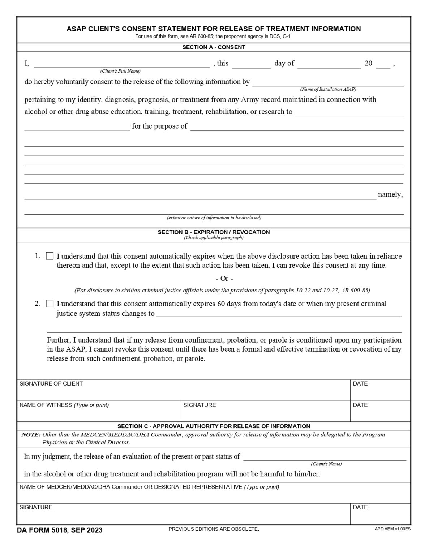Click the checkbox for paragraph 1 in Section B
[x=50, y=256]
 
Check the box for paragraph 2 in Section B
[x=50, y=304]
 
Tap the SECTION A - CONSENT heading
[x=214, y=47]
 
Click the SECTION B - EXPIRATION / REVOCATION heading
[x=214, y=232]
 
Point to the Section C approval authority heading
[x=214, y=426]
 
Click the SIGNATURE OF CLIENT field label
[x=51, y=384]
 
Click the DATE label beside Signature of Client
[x=360, y=384]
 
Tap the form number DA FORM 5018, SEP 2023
[x=60, y=530]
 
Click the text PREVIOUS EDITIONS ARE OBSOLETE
[x=214, y=529]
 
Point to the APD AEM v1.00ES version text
[x=392, y=529]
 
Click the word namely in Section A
[x=390, y=195]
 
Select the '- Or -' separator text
[x=224, y=279]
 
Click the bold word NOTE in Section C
[x=31, y=435]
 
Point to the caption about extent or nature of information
[x=214, y=218]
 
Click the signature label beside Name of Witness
[x=200, y=405]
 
